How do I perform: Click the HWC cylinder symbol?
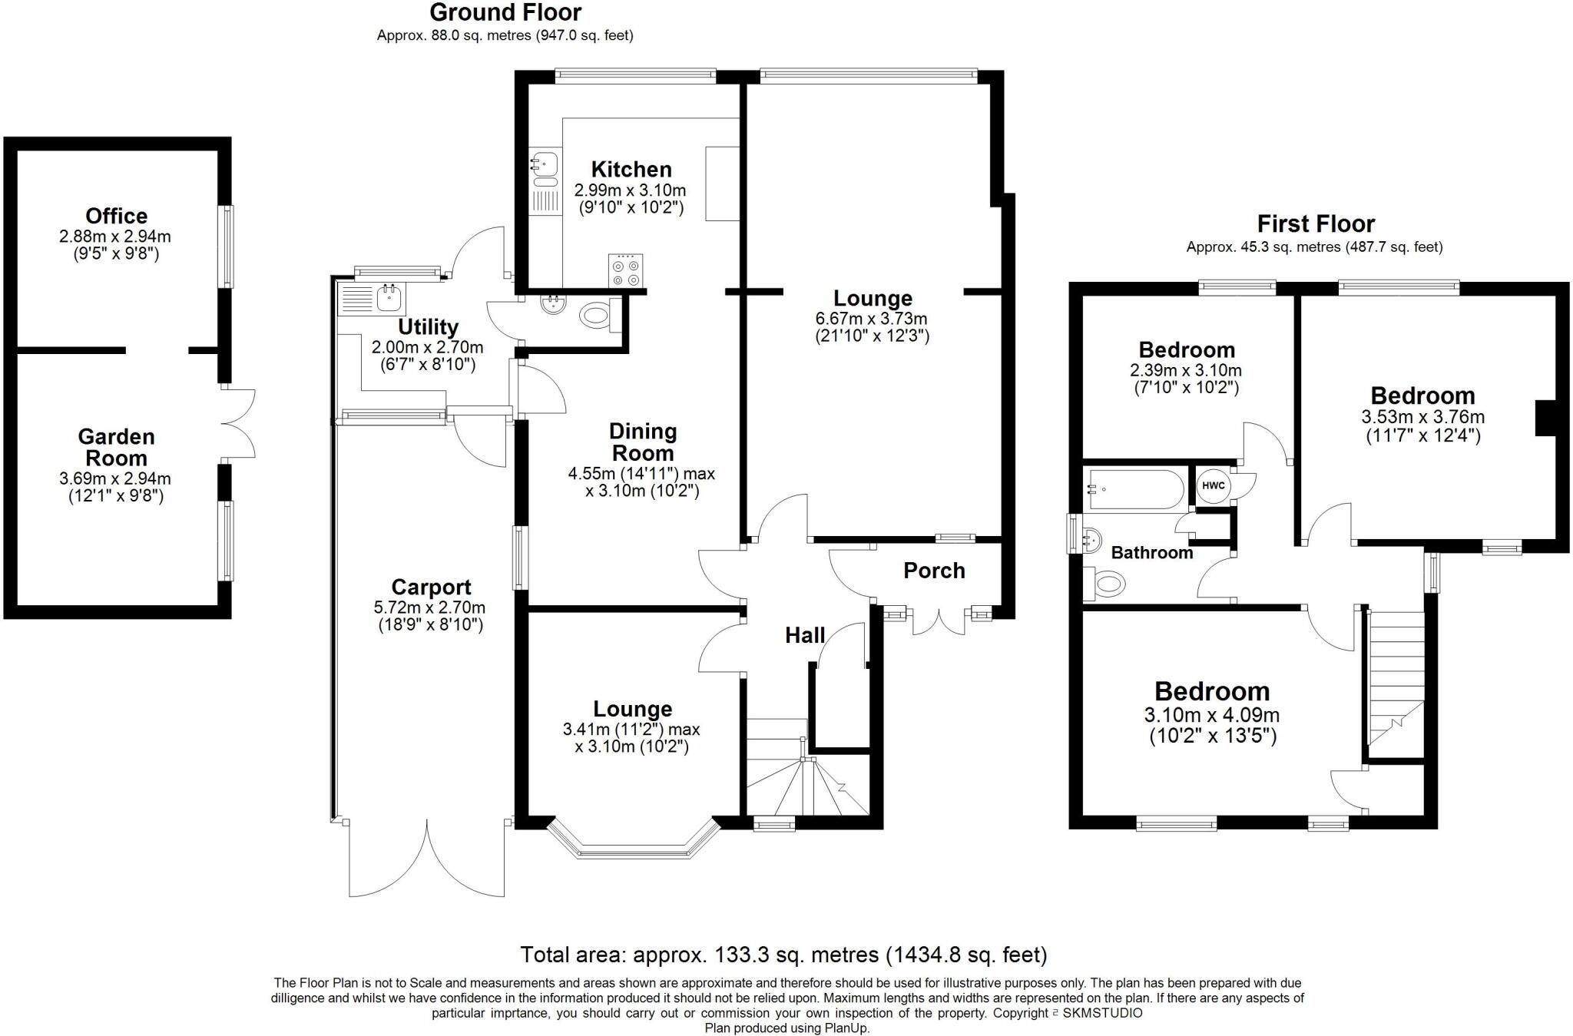tap(1213, 485)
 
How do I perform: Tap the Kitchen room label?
tap(631, 169)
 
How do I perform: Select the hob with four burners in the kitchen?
tap(624, 271)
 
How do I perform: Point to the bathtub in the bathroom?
tap(1136, 490)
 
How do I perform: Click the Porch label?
tap(933, 571)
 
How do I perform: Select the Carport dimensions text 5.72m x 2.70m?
tap(429, 607)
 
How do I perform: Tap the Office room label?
tap(116, 216)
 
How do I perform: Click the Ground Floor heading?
tap(505, 12)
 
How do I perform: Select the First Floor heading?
tap(1315, 223)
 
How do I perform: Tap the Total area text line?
tap(783, 955)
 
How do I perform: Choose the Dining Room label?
tap(642, 442)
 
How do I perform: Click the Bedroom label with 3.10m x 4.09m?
tap(1211, 691)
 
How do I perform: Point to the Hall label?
tap(804, 635)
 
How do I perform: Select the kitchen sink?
tap(545, 164)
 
